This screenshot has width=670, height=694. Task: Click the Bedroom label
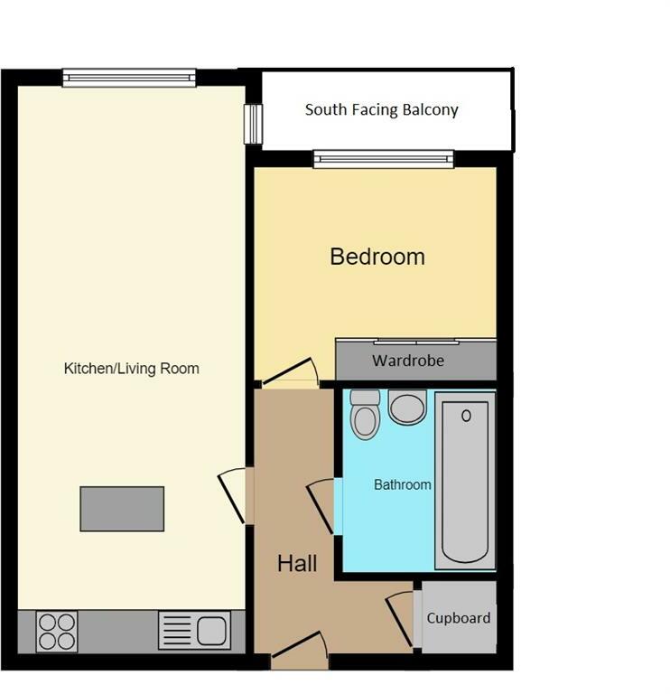pyautogui.click(x=377, y=257)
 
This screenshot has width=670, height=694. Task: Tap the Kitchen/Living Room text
pyautogui.click(x=131, y=369)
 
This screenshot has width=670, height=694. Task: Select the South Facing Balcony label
pyautogui.click(x=381, y=110)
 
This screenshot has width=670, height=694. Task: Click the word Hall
pyautogui.click(x=296, y=564)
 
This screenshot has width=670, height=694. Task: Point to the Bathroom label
pyautogui.click(x=402, y=484)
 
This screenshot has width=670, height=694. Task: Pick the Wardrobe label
pyautogui.click(x=408, y=361)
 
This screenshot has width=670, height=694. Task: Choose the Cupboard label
pyautogui.click(x=459, y=618)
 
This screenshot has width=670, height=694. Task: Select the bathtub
pyautogui.click(x=465, y=481)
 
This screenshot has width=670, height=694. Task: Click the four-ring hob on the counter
pyautogui.click(x=57, y=630)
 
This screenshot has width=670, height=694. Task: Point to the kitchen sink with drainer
pyautogui.click(x=194, y=630)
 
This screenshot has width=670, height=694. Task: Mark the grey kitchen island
pyautogui.click(x=122, y=508)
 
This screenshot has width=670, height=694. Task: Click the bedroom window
pyautogui.click(x=384, y=160)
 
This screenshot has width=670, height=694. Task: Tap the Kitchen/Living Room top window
pyautogui.click(x=129, y=79)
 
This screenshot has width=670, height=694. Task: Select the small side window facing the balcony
pyautogui.click(x=254, y=124)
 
